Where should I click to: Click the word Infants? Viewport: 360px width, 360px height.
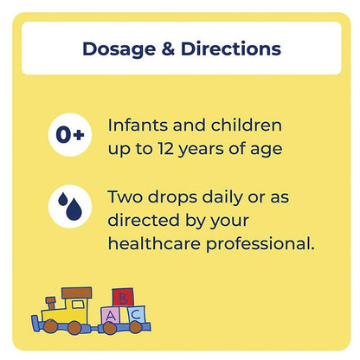click(138, 125)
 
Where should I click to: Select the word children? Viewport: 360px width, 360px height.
click(251, 125)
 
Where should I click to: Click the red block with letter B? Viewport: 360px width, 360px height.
click(124, 299)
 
